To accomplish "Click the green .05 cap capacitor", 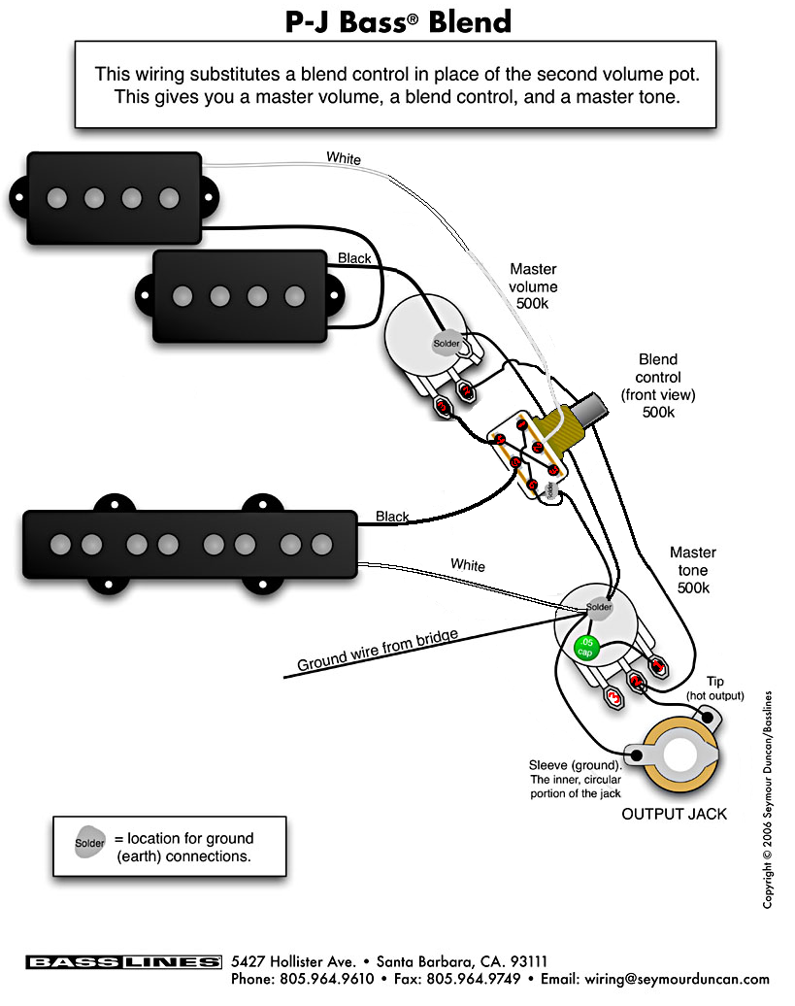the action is tap(585, 647).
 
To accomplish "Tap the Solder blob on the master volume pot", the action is tap(447, 343).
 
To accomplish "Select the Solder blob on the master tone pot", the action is tap(599, 607).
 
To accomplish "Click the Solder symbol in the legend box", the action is tap(89, 843).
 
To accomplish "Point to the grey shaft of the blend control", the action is tap(590, 409).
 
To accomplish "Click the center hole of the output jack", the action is tap(680, 755).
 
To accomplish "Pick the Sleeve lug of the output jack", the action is tap(636, 754).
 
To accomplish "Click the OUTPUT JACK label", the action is tap(674, 814).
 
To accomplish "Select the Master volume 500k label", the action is tap(533, 286).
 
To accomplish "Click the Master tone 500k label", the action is tap(693, 570).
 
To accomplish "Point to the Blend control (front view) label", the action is tap(658, 386).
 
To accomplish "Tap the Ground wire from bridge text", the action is tap(378, 650).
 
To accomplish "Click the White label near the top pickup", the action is tap(344, 158).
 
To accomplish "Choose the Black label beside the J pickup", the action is tap(392, 517).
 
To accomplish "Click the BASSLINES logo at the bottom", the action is tap(123, 961).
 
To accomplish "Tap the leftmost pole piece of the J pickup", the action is tap(60, 545).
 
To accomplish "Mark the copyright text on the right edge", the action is tap(768, 799).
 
